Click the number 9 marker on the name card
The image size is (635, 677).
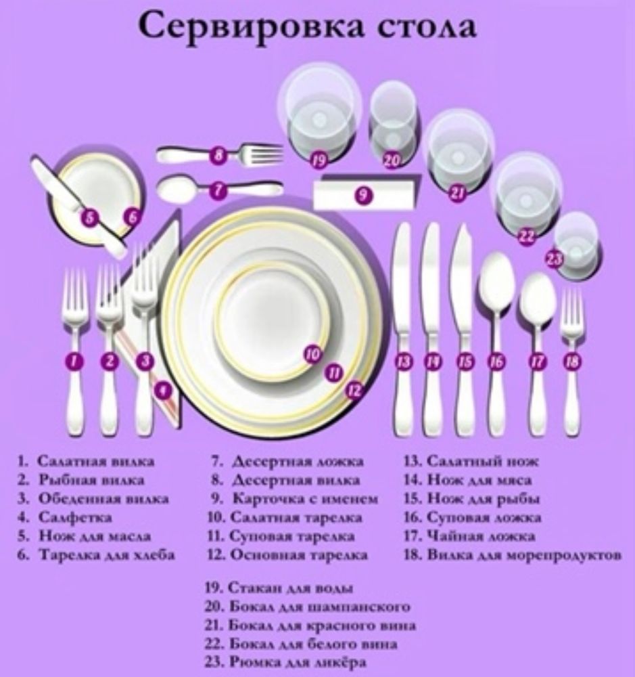tap(364, 195)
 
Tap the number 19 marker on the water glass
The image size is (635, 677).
tap(319, 160)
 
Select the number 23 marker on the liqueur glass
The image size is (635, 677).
tap(555, 258)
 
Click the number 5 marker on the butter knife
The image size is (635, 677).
tap(89, 217)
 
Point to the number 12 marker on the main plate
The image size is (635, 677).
tap(354, 390)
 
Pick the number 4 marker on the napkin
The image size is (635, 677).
tap(163, 391)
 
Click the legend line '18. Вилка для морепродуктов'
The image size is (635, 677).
tap(513, 555)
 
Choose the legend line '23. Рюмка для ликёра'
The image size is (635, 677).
tap(285, 662)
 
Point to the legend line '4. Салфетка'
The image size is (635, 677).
tap(65, 517)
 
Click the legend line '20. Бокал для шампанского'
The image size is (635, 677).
tap(308, 607)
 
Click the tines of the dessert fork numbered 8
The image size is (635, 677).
tap(262, 152)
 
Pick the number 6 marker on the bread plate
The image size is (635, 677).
tap(132, 217)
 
